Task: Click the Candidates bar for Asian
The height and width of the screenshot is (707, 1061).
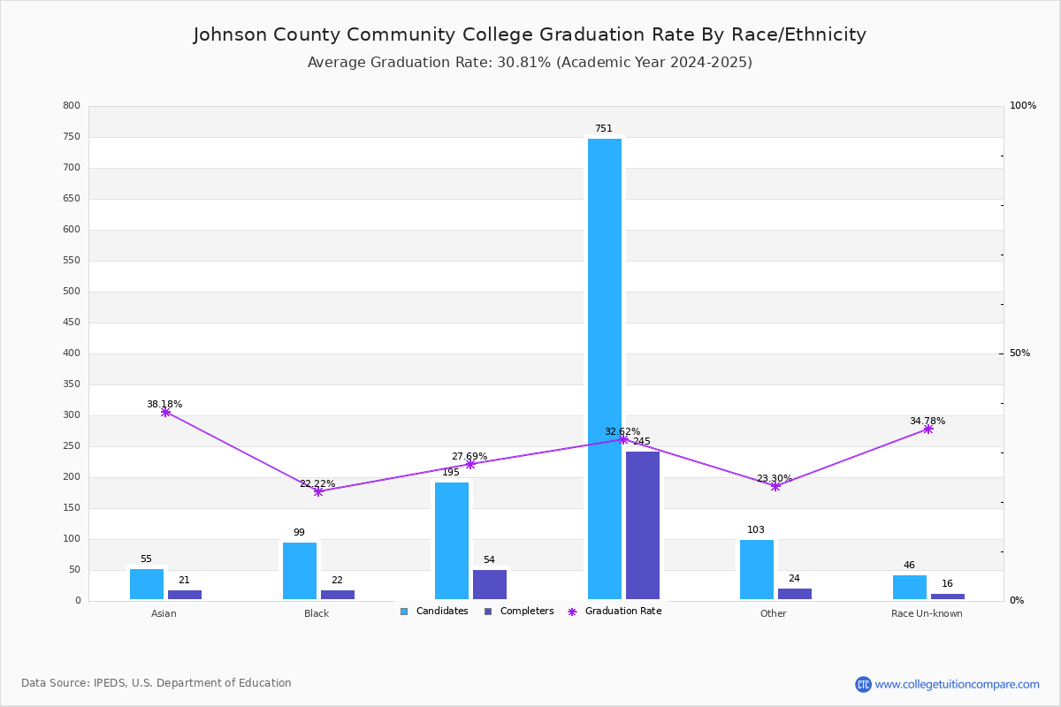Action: tap(147, 584)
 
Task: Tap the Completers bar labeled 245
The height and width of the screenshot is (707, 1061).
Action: tap(643, 525)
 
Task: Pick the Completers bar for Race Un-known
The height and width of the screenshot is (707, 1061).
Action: tap(947, 597)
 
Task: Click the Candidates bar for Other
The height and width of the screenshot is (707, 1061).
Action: tap(757, 569)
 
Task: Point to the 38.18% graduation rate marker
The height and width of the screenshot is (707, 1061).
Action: tap(165, 412)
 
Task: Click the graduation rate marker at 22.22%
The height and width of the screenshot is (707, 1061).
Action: tap(318, 491)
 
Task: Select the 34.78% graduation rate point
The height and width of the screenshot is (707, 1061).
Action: tap(927, 429)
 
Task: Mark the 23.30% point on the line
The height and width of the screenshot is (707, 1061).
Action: tap(775, 486)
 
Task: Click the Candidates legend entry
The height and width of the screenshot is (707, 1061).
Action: tap(434, 612)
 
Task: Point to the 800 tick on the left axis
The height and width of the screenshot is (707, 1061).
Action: tap(72, 106)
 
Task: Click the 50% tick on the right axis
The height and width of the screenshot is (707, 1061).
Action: tap(1019, 353)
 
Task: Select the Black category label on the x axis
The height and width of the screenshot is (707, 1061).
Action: tap(317, 613)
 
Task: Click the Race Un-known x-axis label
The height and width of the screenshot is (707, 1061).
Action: tap(927, 613)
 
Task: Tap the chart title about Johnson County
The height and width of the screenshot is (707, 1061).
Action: tap(530, 34)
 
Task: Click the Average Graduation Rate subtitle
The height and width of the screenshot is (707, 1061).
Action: tap(530, 63)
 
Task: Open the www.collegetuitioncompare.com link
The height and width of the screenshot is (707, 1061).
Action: tap(957, 684)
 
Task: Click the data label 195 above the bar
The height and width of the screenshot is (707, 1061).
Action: tap(451, 473)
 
